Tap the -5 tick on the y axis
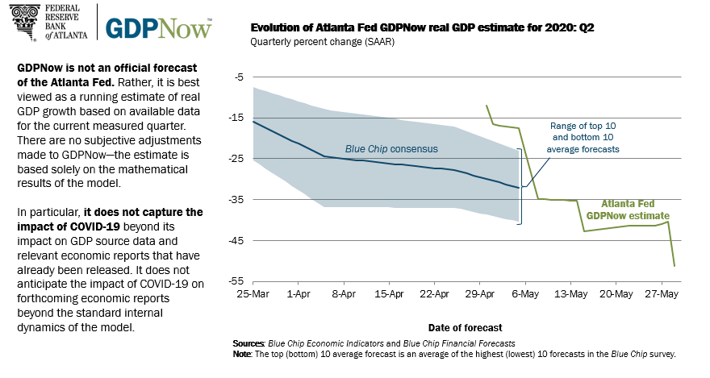[238, 77]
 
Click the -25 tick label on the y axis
[236, 159]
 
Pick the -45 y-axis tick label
[236, 240]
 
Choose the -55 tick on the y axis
[236, 281]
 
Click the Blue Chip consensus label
[390, 149]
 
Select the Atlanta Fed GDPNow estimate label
[634, 210]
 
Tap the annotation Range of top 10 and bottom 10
[585, 137]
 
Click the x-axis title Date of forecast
[466, 327]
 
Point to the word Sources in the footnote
[248, 343]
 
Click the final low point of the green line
[674, 266]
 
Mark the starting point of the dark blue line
[253, 121]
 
